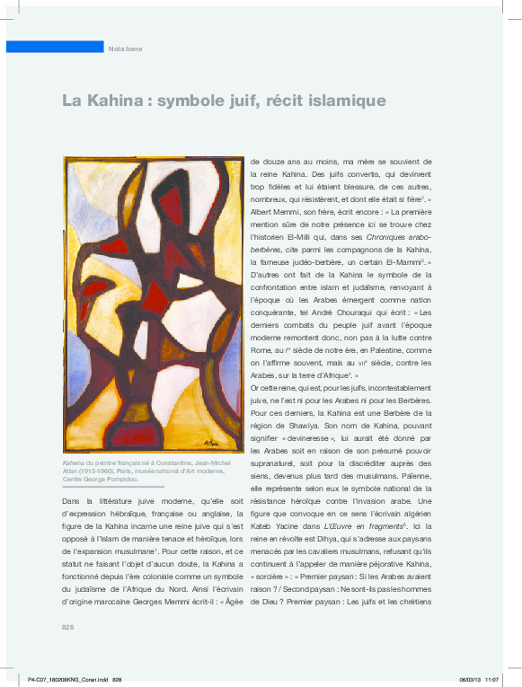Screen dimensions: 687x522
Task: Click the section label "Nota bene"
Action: click(125, 48)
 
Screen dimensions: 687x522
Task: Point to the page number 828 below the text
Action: click(68, 625)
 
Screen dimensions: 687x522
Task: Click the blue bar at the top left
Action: click(54, 47)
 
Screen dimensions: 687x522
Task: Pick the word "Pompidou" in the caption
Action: click(121, 480)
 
